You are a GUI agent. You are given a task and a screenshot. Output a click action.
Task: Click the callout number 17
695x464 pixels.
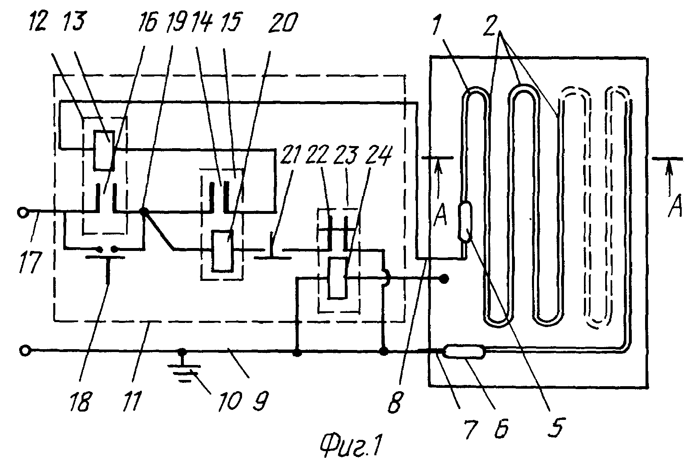30,262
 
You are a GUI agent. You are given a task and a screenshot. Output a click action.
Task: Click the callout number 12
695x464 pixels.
38,21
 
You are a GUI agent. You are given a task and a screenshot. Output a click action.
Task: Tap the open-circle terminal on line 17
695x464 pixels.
23,213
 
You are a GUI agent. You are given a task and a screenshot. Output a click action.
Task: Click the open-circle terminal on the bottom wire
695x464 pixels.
25,351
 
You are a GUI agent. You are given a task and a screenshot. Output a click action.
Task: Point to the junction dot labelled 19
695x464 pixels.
144,212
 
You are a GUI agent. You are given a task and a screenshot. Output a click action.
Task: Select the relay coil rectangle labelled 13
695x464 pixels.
104,151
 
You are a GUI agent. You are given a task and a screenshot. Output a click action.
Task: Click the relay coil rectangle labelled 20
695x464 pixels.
223,251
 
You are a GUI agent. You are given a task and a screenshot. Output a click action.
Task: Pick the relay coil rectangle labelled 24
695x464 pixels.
338,279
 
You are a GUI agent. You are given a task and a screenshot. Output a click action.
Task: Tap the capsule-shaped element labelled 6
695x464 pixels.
464,351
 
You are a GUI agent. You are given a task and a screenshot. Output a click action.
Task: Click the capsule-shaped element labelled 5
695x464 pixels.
465,221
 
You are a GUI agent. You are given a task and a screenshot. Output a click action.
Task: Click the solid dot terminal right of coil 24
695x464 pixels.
445,279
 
